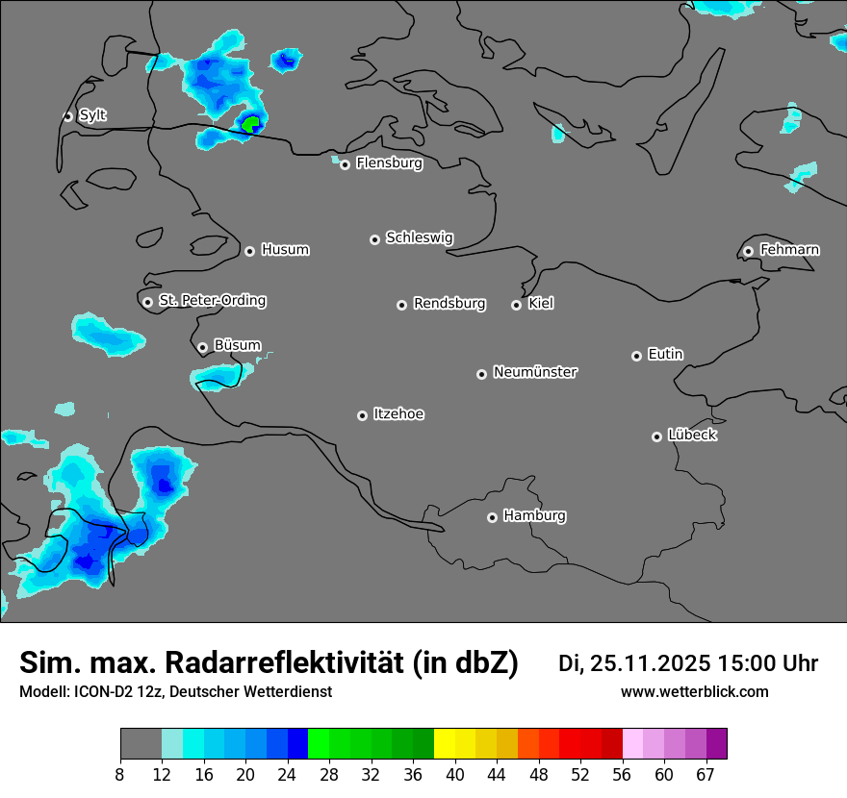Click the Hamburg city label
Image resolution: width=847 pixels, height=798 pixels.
coord(534,516)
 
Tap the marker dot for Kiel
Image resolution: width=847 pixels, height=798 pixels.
coord(517,305)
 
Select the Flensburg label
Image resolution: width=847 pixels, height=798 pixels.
coord(389,163)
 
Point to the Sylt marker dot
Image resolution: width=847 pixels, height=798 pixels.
coord(68,116)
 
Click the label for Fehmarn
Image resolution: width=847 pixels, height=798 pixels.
coord(789,250)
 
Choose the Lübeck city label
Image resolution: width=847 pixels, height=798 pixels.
coord(692,436)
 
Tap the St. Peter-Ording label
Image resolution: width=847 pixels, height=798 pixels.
coord(212,301)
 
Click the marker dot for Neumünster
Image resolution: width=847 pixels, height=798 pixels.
coord(482,374)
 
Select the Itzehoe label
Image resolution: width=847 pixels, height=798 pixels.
coord(398,414)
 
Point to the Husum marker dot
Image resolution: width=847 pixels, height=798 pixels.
coord(249,251)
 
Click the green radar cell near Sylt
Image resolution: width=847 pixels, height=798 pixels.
coord(251,123)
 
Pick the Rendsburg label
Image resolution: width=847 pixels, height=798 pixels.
coord(449,304)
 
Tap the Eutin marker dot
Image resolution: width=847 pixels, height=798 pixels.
coord(636,356)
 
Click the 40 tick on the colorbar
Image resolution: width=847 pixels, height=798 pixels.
coord(455,774)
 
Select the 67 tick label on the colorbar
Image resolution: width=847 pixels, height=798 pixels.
coord(706,774)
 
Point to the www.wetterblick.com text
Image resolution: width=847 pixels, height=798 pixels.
coord(695,692)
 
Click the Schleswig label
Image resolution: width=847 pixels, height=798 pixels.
coord(420,237)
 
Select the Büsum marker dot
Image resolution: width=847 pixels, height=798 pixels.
coord(203,347)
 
